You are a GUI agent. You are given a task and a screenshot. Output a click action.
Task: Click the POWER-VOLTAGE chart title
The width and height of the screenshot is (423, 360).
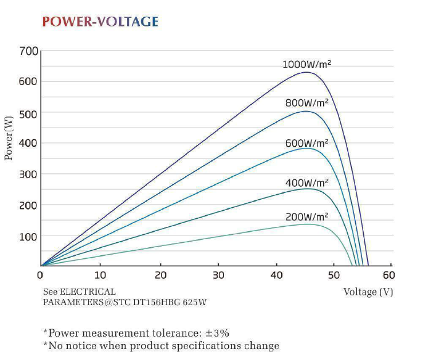pyautogui.click(x=100, y=22)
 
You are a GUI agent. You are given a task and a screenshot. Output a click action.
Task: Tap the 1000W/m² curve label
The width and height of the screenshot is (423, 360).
pyautogui.click(x=307, y=64)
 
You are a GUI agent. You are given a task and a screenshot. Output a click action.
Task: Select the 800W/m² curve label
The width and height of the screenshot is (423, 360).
pyautogui.click(x=306, y=103)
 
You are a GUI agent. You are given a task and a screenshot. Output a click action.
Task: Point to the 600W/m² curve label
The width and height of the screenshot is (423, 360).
pyautogui.click(x=306, y=143)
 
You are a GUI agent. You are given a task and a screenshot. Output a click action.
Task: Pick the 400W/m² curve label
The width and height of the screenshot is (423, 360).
pyautogui.click(x=306, y=183)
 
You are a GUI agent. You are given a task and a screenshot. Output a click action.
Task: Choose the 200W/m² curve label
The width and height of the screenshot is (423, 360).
pyautogui.click(x=306, y=216)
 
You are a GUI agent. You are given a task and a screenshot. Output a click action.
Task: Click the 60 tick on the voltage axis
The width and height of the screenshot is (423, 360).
pyautogui.click(x=388, y=276)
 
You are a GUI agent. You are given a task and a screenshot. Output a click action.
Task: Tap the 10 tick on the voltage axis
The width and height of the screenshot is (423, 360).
pyautogui.click(x=100, y=276)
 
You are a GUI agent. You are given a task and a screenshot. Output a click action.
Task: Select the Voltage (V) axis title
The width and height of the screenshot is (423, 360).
pyautogui.click(x=368, y=292)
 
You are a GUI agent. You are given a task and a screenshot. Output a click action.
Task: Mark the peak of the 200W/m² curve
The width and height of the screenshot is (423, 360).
pyautogui.click(x=307, y=224)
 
